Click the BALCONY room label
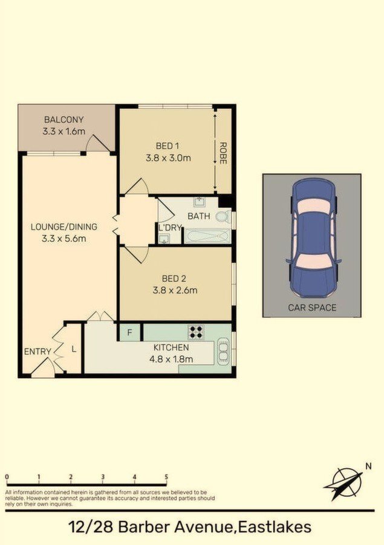coord(63,120)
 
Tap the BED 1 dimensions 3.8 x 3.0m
coord(168,158)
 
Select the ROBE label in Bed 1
coord(223,153)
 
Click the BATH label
coord(198,216)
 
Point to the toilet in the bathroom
coord(223,217)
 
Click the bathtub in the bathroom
coord(207,236)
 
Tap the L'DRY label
coord(170,228)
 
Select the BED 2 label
coord(174,279)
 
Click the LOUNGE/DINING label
coord(64,227)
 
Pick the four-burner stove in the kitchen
coord(196,332)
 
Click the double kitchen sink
coord(223,352)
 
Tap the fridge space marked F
coord(130,333)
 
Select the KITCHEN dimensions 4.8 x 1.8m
coord(171,359)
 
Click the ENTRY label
coord(37,352)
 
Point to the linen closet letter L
coord(74,349)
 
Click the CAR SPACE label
coord(312,308)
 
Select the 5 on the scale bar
coord(166,477)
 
